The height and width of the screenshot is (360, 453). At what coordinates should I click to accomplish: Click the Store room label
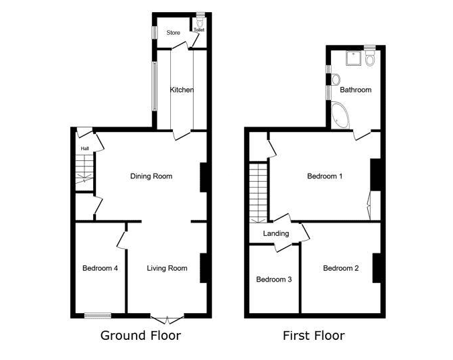(x=174, y=33)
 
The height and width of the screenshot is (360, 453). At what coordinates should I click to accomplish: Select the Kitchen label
(x=182, y=90)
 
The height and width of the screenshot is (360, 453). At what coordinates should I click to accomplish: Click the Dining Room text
(x=151, y=176)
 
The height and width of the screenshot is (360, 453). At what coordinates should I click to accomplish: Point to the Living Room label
(x=167, y=268)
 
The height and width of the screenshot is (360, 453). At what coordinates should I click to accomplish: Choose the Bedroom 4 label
(x=100, y=268)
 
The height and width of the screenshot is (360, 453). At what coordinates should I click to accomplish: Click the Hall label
(x=84, y=149)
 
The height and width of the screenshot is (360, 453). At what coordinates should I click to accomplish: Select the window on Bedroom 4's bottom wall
(x=98, y=316)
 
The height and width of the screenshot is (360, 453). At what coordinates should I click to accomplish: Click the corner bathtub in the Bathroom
(x=340, y=115)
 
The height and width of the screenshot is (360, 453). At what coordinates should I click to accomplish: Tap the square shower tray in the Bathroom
(x=354, y=58)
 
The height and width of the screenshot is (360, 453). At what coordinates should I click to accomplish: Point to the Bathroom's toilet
(x=369, y=58)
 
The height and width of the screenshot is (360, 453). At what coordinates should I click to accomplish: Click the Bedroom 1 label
(x=325, y=176)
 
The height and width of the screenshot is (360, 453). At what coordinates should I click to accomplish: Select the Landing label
(x=276, y=233)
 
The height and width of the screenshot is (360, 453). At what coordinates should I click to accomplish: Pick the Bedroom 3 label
(x=274, y=280)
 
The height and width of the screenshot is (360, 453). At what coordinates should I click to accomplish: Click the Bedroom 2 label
(x=341, y=268)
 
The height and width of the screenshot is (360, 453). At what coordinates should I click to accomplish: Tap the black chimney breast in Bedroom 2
(x=377, y=268)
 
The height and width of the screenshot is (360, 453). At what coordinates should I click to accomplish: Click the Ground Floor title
(x=141, y=336)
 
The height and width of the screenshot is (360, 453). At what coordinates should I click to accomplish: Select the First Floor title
(x=314, y=336)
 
